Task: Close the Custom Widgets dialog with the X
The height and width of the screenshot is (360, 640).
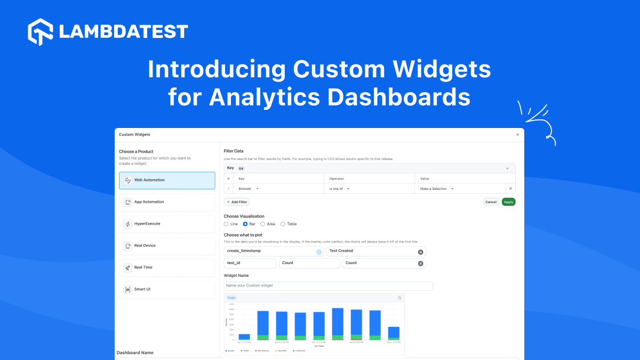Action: [517, 135]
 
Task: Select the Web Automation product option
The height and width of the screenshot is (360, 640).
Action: [167, 180]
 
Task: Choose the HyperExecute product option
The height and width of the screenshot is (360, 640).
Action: [167, 224]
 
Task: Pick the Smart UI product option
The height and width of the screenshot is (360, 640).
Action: [167, 290]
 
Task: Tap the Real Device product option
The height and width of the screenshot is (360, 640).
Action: [167, 246]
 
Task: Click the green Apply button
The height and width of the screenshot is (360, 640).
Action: [508, 202]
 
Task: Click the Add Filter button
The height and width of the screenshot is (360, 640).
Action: [237, 202]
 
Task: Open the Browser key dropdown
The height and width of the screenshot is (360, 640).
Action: [249, 189]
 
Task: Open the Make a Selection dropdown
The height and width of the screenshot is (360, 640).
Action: [437, 189]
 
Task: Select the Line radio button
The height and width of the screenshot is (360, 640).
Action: [227, 224]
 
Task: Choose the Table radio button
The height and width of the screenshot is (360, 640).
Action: [283, 224]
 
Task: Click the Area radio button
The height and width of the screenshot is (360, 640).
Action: [263, 224]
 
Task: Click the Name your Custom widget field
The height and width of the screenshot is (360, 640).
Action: [328, 286]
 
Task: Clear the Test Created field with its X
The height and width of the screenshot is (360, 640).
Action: [420, 252]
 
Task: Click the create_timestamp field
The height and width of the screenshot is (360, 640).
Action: [269, 251]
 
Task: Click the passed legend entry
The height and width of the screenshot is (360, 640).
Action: [230, 351]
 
